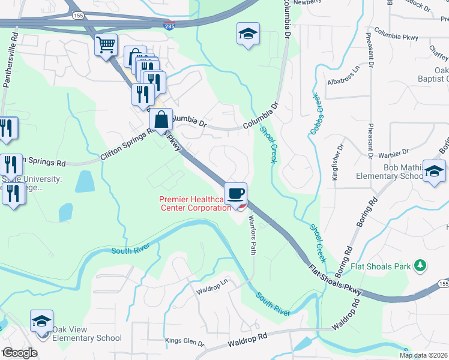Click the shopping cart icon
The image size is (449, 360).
pyautogui.click(x=106, y=45)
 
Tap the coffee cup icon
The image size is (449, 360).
pyautogui.click(x=236, y=193)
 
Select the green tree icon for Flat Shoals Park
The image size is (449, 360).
pyautogui.click(x=421, y=265)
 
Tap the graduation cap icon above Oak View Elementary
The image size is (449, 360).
pyautogui.click(x=41, y=321)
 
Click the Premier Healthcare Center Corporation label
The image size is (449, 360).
pyautogui.click(x=194, y=204)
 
